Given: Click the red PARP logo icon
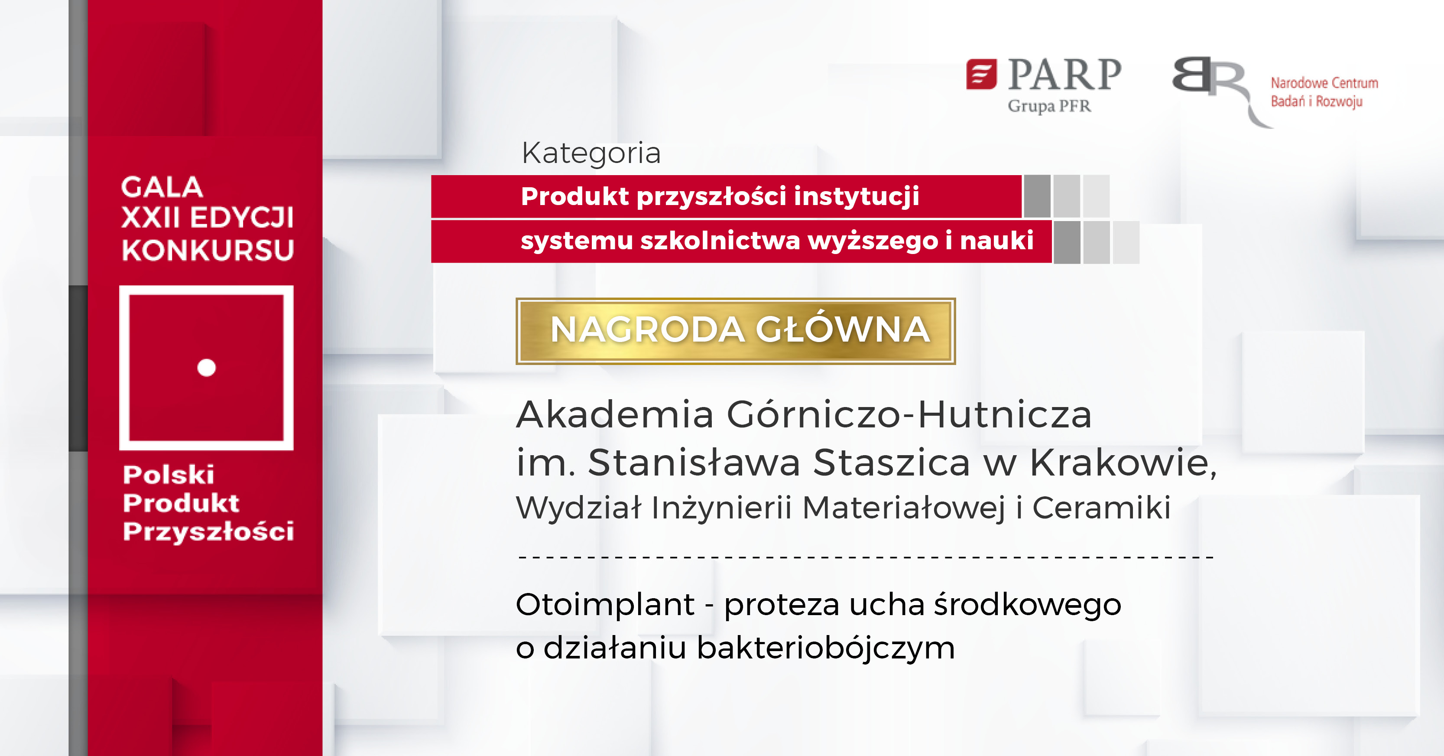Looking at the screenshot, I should pyautogui.click(x=981, y=74).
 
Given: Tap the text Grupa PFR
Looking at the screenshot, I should pyautogui.click(x=1049, y=106).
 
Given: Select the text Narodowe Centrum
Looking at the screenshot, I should pyautogui.click(x=1324, y=83).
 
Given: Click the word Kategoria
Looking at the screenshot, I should pyautogui.click(x=591, y=153).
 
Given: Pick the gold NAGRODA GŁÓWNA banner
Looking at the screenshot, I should pyautogui.click(x=736, y=330).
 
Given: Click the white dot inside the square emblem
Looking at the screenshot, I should pyautogui.click(x=206, y=367).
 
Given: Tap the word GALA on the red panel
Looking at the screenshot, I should pyautogui.click(x=162, y=187).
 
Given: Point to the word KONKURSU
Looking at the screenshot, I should pyautogui.click(x=208, y=250).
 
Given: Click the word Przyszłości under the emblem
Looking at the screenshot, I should pyautogui.click(x=208, y=531).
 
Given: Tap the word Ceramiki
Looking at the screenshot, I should pyautogui.click(x=1101, y=508).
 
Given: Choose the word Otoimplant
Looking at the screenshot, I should pyautogui.click(x=605, y=605).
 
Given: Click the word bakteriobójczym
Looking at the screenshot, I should pyautogui.click(x=825, y=648).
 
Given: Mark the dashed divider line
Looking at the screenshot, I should pyautogui.click(x=866, y=557).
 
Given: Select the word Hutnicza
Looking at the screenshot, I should pyautogui.click(x=1005, y=415).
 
